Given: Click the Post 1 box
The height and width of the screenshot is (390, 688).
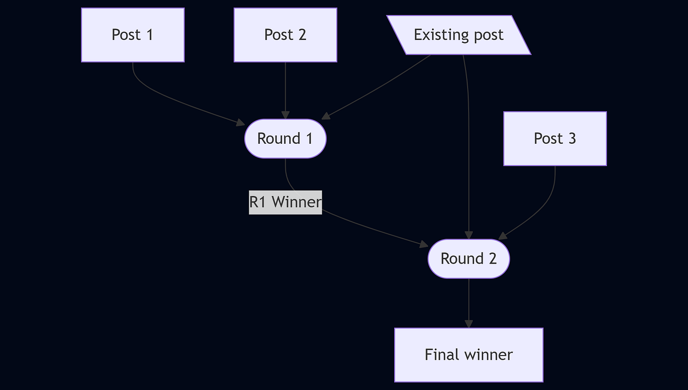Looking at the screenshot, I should click(133, 35).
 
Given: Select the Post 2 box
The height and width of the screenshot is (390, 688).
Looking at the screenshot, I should click(285, 35).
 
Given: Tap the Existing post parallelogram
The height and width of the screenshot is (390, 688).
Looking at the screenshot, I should click(458, 35).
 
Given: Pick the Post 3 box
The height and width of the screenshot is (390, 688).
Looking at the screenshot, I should click(555, 139).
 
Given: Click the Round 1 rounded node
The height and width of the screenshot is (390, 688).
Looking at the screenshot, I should click(285, 139).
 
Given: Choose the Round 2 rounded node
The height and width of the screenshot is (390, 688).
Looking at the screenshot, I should click(469, 258).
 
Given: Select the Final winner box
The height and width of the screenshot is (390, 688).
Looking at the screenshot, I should click(469, 355).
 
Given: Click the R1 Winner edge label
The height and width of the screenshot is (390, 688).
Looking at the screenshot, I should click(285, 202).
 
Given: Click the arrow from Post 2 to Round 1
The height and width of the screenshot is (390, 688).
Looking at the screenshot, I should click(285, 91).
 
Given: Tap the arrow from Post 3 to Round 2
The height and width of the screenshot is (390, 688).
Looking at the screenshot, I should click(542, 207).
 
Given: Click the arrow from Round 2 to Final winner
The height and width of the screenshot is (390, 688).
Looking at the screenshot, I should click(469, 304).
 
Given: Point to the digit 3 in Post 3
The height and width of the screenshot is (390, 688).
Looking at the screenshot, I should click(571, 139).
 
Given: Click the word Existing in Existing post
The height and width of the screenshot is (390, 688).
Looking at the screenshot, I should click(439, 35).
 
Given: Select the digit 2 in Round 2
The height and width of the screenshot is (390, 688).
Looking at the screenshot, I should click(492, 258).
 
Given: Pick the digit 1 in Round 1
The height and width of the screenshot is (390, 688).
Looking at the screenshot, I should click(309, 139).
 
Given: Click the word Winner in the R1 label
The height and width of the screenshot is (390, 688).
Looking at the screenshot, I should click(296, 202).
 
